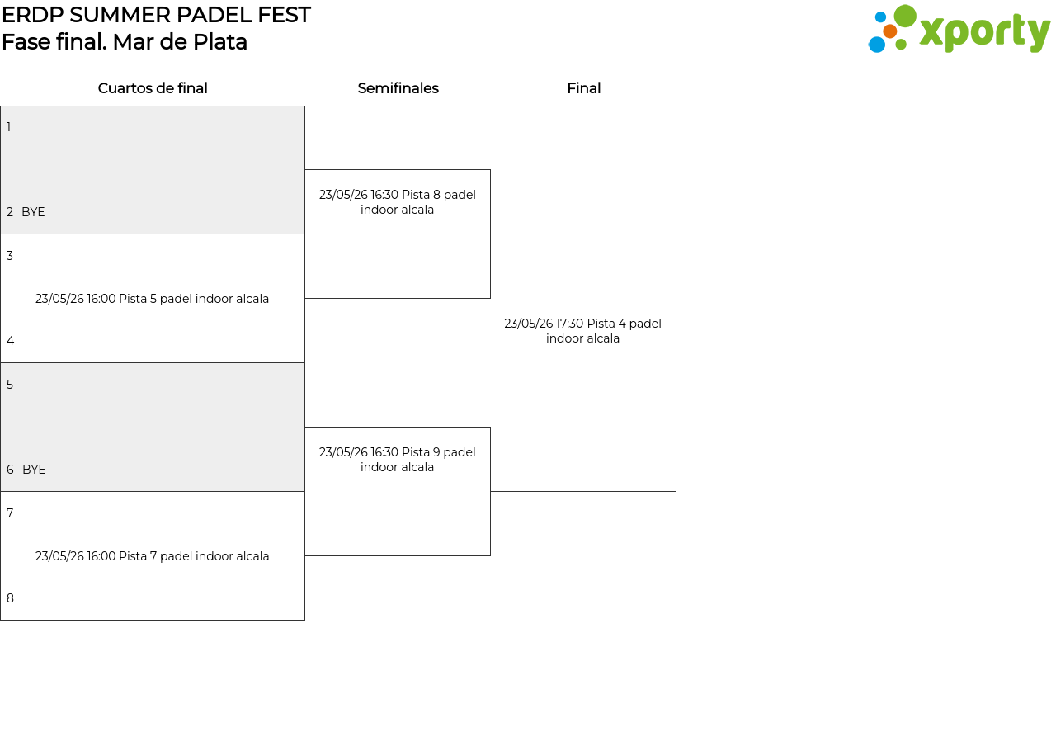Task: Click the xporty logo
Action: pos(959,29)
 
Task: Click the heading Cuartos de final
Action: pos(153,88)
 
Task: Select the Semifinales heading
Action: pos(398,88)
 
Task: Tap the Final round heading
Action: pos(583,88)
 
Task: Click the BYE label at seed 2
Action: pos(33,212)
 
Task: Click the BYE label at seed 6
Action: pos(34,470)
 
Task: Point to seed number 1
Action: pos(8,127)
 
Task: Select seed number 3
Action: pos(9,256)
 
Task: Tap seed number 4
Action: pos(10,341)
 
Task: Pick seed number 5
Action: pos(9,385)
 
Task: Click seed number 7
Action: pos(9,513)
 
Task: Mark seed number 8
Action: pos(10,598)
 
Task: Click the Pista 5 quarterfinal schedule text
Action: pos(152,299)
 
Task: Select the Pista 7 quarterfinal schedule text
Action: pos(153,556)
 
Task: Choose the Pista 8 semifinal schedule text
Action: pos(398,202)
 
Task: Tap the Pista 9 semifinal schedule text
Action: pos(398,460)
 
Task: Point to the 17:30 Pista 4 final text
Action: pos(582,331)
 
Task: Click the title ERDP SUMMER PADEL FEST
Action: pos(156,15)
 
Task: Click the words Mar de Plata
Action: pos(180,42)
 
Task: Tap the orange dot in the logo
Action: pos(890,31)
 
